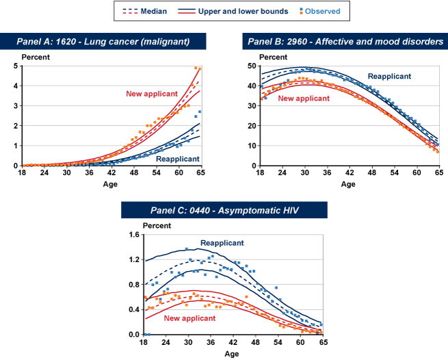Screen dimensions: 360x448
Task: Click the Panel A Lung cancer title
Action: click(102, 42)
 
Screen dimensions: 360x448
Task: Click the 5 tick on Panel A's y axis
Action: click(16, 66)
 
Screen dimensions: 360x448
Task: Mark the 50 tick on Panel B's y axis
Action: click(253, 66)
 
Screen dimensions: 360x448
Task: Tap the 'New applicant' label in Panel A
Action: click(151, 94)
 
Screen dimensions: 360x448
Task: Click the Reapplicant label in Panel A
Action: click(178, 159)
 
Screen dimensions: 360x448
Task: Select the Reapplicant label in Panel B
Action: click(389, 77)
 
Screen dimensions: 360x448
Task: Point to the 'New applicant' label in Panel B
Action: click(304, 99)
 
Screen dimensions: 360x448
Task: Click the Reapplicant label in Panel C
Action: click(222, 243)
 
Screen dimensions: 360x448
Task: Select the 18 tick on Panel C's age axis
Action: click(145, 343)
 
